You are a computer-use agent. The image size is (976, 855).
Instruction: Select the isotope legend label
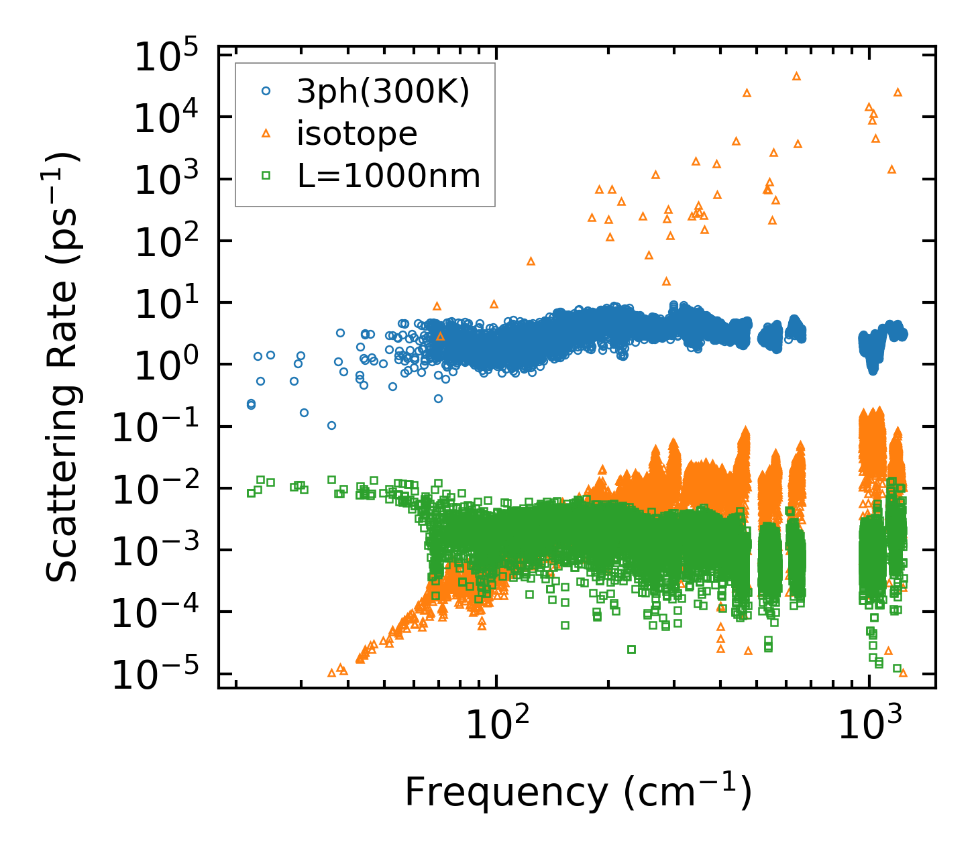coord(357,134)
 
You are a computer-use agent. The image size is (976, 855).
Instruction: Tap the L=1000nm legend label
coord(389,176)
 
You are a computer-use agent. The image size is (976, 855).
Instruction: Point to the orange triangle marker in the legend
coord(266,134)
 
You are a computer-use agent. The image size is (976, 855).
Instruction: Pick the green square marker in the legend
coord(266,176)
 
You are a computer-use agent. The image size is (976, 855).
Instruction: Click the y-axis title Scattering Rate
coord(63,367)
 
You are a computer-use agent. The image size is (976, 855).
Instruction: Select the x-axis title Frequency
coord(578,793)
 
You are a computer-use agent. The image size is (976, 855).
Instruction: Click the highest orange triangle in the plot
coord(797,76)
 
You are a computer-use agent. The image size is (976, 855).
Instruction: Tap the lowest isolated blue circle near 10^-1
coord(331,425)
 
